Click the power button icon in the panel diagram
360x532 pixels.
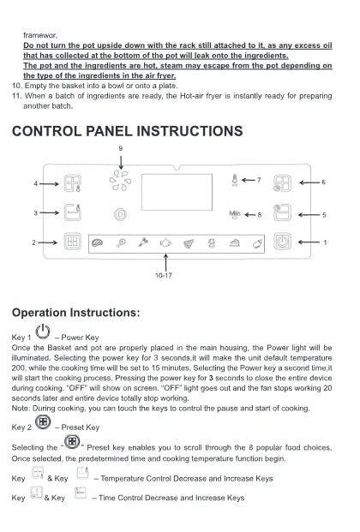point(282,242)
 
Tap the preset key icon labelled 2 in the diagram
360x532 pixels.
point(72,242)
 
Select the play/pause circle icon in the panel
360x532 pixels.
point(120,214)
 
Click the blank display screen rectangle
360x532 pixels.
point(177,192)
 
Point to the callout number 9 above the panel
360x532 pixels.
point(121,148)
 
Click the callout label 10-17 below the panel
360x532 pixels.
point(164,276)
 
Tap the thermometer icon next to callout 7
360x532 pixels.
point(234,180)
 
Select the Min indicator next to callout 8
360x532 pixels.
point(235,214)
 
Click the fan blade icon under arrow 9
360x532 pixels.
point(120,180)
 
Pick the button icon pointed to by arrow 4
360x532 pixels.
point(72,183)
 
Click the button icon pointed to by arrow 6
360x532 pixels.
point(282,183)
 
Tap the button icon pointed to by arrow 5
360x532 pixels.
point(282,212)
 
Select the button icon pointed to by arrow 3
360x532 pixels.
point(72,212)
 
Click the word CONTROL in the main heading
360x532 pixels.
point(46,131)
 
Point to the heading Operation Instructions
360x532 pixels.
point(75,313)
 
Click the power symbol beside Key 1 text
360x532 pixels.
point(43,332)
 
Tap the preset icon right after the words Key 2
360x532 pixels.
point(43,422)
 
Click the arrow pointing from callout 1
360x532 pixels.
point(309,242)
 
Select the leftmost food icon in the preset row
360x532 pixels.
point(98,243)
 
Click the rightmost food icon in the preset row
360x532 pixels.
point(257,243)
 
